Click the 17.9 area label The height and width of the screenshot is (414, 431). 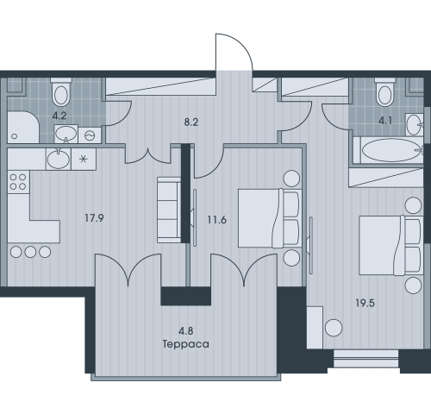click(x=94, y=218)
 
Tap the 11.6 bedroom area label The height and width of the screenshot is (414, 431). click(x=217, y=220)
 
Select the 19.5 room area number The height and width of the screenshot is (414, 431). click(x=365, y=303)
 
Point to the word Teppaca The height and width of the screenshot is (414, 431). click(x=186, y=344)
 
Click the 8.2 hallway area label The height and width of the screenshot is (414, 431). click(x=191, y=122)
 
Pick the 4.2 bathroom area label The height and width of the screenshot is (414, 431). click(x=59, y=116)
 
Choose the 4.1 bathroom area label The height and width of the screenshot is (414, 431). click(x=385, y=121)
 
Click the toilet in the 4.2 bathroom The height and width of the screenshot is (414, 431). click(x=61, y=91)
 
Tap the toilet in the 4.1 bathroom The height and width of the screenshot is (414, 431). click(x=385, y=92)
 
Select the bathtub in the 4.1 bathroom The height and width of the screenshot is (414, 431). click(x=388, y=150)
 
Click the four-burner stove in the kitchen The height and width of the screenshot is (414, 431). click(x=18, y=182)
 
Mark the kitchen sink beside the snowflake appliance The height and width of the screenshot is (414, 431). click(x=59, y=159)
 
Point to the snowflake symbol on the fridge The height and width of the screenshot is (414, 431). click(x=84, y=159)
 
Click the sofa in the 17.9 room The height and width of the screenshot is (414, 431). click(x=169, y=210)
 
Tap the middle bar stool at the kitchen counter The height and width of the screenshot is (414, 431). click(x=30, y=252)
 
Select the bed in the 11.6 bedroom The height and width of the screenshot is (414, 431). click(x=270, y=218)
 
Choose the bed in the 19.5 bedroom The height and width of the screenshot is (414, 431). click(x=391, y=245)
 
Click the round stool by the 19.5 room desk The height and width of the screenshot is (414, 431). click(x=334, y=328)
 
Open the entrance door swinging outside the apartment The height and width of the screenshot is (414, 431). click(x=234, y=52)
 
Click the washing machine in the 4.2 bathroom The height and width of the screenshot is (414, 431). click(x=90, y=135)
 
